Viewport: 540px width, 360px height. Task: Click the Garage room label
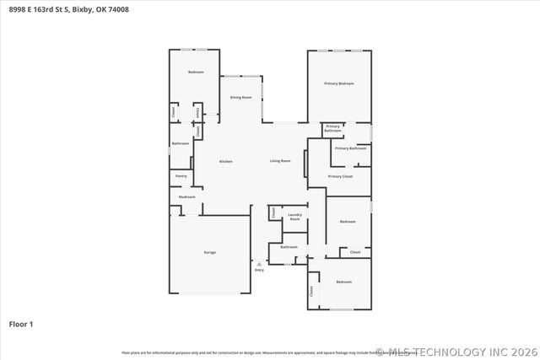[209, 253]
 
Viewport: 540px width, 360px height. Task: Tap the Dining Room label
[241, 98]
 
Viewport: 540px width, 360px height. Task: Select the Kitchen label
[226, 161]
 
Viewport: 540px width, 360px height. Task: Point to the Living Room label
[280, 161]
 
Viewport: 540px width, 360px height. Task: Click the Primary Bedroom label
[339, 83]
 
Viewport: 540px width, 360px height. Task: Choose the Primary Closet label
[340, 176]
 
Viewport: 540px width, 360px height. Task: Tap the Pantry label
[181, 176]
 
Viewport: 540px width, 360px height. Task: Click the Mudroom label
[186, 197]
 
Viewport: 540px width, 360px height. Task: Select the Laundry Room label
[294, 217]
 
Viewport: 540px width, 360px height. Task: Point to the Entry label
[259, 270]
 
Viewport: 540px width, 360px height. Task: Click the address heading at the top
[64, 8]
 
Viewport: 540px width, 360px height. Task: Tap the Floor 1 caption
[21, 324]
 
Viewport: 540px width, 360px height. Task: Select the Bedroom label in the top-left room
[196, 72]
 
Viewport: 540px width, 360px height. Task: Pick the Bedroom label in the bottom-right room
[343, 281]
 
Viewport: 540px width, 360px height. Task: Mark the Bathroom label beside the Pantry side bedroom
[181, 143]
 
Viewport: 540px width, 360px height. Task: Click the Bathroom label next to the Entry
[289, 247]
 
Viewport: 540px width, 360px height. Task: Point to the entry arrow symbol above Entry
[259, 263]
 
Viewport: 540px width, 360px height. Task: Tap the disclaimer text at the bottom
[245, 352]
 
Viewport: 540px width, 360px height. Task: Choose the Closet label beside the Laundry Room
[273, 212]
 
